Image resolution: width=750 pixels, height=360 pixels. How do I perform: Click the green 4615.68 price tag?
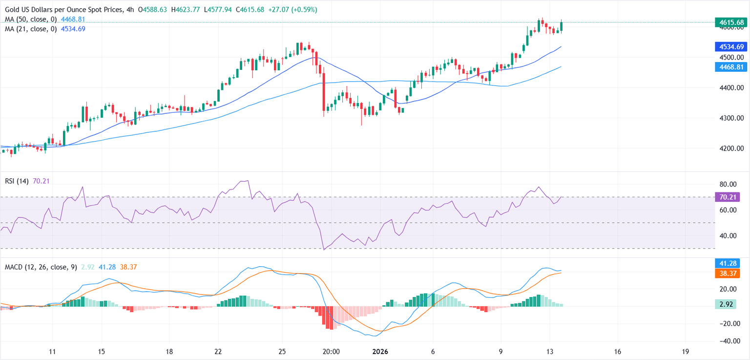[x=730, y=22]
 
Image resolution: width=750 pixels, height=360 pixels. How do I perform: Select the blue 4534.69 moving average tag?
[x=730, y=47]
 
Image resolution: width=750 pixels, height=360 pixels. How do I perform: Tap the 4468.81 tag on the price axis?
[x=730, y=67]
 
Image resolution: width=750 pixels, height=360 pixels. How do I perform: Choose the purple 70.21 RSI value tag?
[x=730, y=197]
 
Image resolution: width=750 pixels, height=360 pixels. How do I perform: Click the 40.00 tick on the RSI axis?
[x=730, y=236]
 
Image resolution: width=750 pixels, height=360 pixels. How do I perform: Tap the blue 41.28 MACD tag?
[x=730, y=263]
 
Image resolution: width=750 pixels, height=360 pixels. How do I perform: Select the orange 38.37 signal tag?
[x=730, y=273]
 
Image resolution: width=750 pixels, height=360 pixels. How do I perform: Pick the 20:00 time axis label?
[x=331, y=352]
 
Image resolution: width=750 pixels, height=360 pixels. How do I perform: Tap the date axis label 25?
[x=282, y=352]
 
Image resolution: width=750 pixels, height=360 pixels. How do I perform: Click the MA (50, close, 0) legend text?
[x=30, y=19]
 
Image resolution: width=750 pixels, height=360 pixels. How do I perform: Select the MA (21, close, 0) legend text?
[x=30, y=29]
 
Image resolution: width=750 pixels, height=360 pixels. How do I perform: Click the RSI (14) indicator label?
[x=16, y=181]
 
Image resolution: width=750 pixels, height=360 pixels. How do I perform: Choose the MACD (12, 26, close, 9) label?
[x=41, y=267]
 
